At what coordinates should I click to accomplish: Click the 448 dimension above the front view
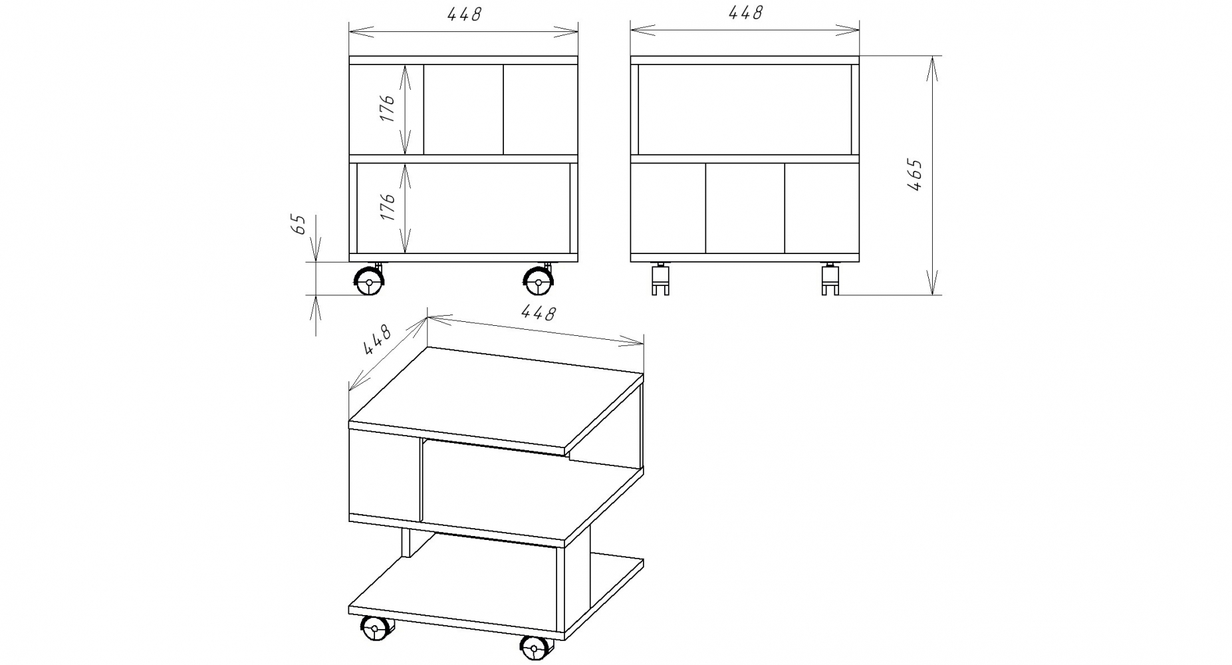pos(463,14)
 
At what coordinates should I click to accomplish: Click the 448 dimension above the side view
pos(745,13)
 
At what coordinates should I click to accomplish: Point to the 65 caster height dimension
pos(299,224)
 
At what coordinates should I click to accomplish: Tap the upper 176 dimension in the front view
pos(388,108)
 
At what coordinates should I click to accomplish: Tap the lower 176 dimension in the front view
pos(388,207)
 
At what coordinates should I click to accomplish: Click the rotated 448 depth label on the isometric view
pos(377,340)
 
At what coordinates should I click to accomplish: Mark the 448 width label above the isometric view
pos(537,313)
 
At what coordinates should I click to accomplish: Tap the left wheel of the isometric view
pos(375,629)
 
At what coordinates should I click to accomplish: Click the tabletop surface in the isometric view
pos(496,396)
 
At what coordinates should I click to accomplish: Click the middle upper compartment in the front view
pos(463,110)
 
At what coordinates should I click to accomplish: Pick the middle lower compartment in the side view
pos(745,208)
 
